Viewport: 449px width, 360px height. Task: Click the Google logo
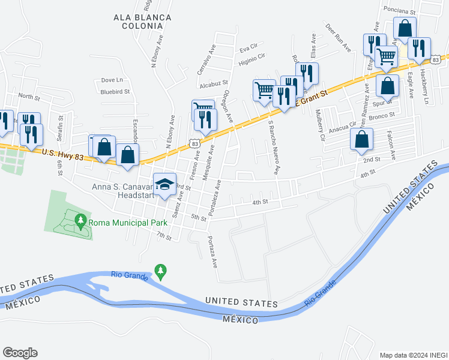(x=20, y=353)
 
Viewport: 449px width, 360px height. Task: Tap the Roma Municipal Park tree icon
(x=80, y=221)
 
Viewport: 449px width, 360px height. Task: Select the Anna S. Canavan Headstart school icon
(x=164, y=185)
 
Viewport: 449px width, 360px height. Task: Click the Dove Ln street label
(x=112, y=80)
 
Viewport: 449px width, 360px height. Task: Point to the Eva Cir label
(x=248, y=46)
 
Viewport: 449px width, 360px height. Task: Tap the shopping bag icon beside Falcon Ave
(x=361, y=139)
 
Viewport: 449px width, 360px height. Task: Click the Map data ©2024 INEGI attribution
(x=412, y=355)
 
